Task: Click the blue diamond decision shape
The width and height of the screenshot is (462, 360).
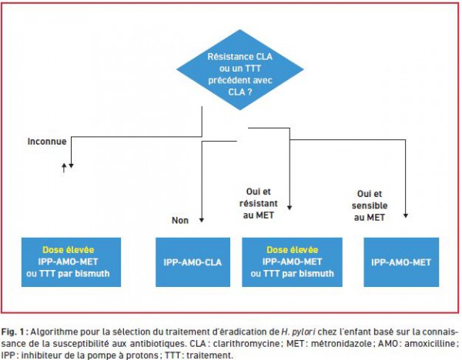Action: coord(239,70)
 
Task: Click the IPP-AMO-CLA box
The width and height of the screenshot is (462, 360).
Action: coord(192,262)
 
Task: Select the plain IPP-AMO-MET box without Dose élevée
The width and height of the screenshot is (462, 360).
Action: coord(401,262)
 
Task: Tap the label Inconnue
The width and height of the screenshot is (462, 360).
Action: coord(47,142)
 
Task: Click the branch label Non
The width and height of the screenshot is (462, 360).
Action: coord(180,221)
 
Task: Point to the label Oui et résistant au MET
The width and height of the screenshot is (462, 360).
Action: coord(259,203)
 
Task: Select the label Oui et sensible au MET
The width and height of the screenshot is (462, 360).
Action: coord(370,205)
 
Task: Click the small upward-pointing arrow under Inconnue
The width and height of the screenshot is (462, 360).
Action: coord(64,168)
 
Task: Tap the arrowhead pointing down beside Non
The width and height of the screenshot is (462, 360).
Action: coord(202,220)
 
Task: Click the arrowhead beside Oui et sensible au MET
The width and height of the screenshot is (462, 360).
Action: coord(406,215)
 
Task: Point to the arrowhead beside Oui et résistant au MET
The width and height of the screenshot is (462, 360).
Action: coord(290,208)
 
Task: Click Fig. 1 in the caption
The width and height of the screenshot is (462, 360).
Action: coord(12,332)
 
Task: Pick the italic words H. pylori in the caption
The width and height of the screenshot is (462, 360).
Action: coord(298,332)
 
